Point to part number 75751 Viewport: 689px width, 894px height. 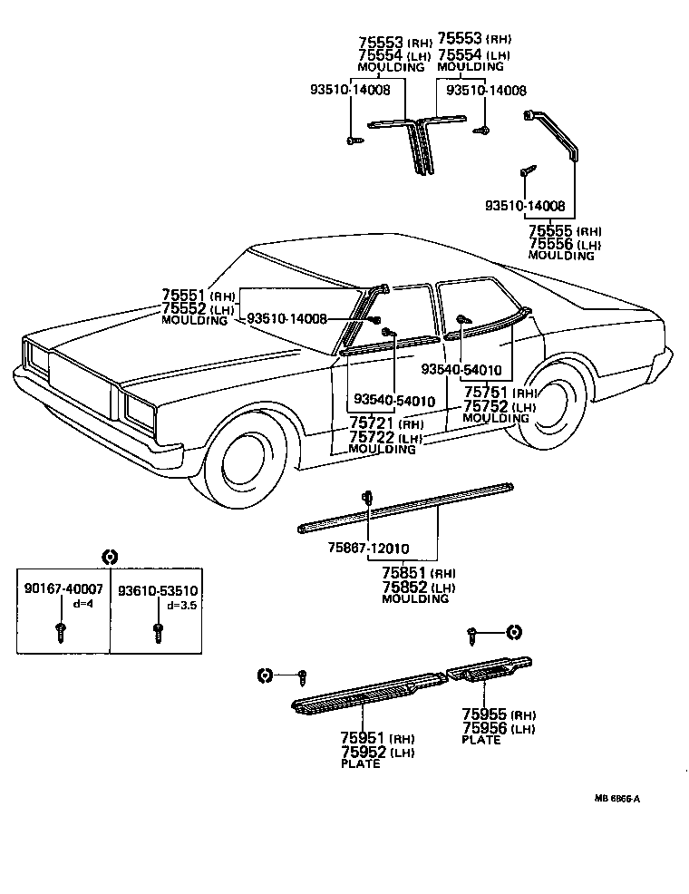click(486, 393)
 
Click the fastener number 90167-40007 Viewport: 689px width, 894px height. click(63, 589)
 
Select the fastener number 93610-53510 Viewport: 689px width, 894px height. click(159, 589)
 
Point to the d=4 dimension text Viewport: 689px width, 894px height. click(82, 602)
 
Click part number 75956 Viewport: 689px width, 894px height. click(483, 727)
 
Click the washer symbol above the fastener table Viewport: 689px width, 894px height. click(109, 557)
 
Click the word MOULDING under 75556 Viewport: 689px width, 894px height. click(561, 256)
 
